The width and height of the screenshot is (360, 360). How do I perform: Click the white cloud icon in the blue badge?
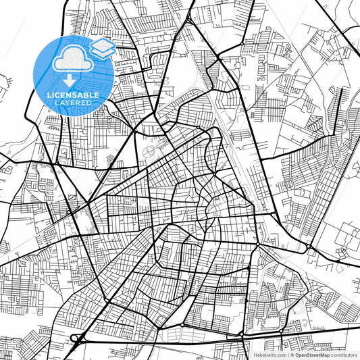[x=71, y=59]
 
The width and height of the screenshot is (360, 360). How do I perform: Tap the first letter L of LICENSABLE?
[x=48, y=95]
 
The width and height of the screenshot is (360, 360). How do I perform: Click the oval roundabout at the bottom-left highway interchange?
[x=74, y=338]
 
